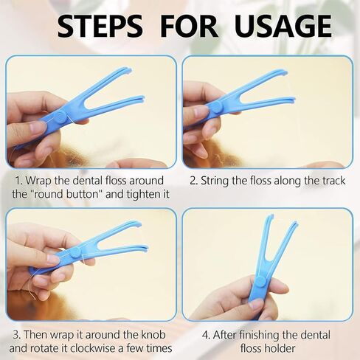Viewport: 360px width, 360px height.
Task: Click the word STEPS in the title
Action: (100, 26)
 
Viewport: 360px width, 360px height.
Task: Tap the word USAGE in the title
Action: (283, 26)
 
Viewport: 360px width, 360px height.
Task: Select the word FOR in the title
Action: (189, 26)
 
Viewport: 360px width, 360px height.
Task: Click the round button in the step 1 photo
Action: (60, 117)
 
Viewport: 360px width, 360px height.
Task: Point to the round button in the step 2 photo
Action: (216, 106)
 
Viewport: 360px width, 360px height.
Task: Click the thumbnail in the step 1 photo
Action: (37, 127)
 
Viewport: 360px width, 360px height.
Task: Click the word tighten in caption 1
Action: (143, 194)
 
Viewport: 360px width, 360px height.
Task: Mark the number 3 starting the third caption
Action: (16, 335)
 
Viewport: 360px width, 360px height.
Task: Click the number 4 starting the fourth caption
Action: (206, 335)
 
